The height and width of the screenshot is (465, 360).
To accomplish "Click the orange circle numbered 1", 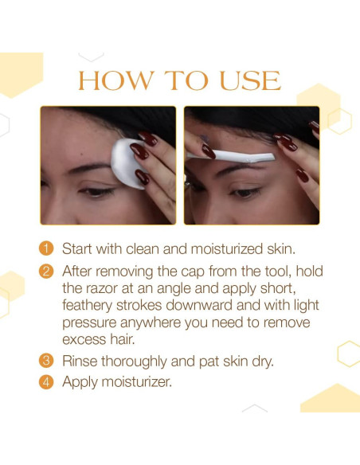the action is [x=46, y=248].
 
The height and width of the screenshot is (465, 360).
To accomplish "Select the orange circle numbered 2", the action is [x=46, y=272].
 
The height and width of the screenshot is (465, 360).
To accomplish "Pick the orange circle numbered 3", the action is [x=46, y=361].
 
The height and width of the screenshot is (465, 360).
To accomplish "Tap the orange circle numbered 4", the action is [x=46, y=382].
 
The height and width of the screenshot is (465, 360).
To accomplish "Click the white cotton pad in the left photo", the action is [x=127, y=163].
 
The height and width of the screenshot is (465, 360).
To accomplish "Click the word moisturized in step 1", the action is [x=227, y=248].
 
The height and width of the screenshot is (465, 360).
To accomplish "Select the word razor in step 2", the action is [x=102, y=288].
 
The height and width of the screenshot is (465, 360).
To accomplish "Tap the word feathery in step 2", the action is [x=88, y=306].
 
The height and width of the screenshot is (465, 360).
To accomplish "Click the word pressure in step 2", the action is [x=89, y=323].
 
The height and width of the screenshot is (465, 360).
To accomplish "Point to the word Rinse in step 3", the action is [x=80, y=361].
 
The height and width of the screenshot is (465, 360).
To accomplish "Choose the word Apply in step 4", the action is [x=80, y=382].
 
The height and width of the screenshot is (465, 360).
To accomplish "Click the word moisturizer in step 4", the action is [x=137, y=382].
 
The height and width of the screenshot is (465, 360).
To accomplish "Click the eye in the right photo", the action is [x=245, y=193].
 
